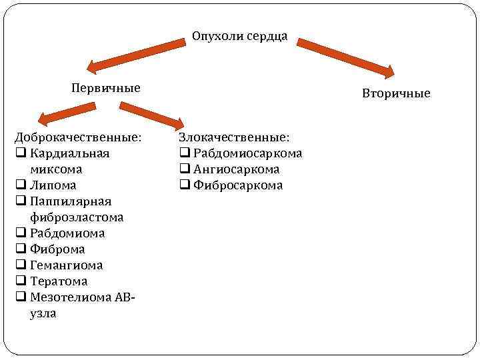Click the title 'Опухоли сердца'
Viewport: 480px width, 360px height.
point(239,36)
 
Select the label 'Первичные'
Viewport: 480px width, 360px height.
point(106,88)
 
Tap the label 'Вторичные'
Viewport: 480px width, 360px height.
point(396,93)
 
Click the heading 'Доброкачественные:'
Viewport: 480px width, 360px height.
point(78,137)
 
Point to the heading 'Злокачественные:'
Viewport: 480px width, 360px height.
point(233,137)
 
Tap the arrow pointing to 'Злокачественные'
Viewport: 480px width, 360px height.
point(151,114)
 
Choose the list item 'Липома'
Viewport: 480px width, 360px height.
point(53,185)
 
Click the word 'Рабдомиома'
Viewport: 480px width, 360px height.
point(67,233)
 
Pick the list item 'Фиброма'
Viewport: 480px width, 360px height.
point(57,249)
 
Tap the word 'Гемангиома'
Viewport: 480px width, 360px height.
point(67,265)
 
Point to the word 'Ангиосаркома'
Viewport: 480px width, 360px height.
point(236,169)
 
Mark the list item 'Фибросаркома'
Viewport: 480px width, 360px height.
point(238,185)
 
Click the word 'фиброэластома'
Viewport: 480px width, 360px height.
point(77,217)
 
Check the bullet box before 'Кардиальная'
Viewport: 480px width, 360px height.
point(21,153)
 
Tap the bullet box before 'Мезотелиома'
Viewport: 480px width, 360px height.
point(21,297)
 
